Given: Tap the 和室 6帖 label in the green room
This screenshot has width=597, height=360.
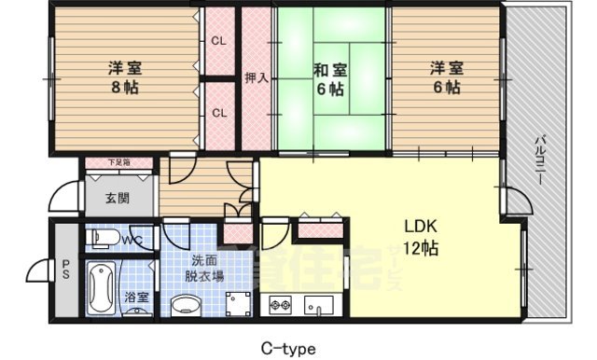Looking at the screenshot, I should pyautogui.click(x=329, y=77).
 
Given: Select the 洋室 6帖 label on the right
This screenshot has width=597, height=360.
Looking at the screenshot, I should pyautogui.click(x=445, y=77).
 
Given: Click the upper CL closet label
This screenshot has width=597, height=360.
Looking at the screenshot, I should pyautogui.click(x=218, y=41).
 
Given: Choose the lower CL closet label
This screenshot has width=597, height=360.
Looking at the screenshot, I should pyautogui.click(x=218, y=113).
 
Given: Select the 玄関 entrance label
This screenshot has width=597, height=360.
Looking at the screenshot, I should pyautogui.click(x=118, y=199).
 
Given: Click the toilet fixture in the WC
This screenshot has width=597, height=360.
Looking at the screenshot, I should pyautogui.click(x=104, y=240).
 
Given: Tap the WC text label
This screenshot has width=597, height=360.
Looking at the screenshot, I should pyautogui.click(x=132, y=241).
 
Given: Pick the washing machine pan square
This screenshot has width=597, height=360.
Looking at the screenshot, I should pyautogui.click(x=238, y=301).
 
